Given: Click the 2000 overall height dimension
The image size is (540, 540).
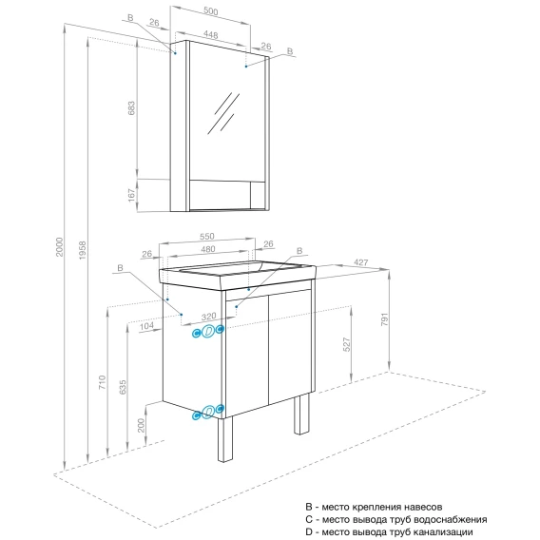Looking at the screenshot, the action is [60, 246].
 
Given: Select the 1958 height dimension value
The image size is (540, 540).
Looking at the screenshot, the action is [83, 250].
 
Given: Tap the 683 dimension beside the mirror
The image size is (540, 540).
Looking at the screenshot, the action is [131, 108].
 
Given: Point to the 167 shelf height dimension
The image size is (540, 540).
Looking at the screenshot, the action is [131, 195].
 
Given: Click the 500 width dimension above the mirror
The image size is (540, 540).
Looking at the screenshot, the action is [210, 11].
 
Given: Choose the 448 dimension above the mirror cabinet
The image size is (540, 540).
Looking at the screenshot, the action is [210, 35].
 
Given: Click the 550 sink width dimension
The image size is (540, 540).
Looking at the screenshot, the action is [207, 236].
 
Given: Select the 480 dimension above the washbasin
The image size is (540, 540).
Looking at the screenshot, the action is [208, 249].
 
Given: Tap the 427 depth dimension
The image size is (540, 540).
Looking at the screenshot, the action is [361, 262].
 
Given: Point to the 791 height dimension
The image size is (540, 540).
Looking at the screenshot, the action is [385, 319].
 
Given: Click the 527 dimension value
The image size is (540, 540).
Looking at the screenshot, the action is [347, 344].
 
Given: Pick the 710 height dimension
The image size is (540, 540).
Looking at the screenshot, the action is [103, 382].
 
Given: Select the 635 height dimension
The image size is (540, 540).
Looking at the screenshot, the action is [123, 387].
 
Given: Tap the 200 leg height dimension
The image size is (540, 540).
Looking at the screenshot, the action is [142, 426].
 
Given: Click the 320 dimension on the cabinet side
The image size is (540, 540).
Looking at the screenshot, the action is [209, 317].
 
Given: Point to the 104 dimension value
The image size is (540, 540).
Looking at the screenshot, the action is [146, 326].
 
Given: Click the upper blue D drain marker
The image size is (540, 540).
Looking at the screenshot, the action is [208, 331].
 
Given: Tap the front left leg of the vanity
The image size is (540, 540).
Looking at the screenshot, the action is [225, 440].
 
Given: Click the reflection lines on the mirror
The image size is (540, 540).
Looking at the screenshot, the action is [223, 113].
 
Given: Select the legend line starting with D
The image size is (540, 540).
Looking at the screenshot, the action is [389, 531].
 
